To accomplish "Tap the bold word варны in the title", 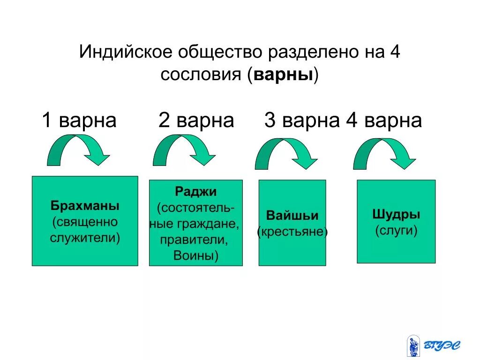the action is pyautogui.click(x=283, y=75).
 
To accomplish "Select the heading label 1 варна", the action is pyautogui.click(x=79, y=120).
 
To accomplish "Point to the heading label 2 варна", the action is pyautogui.click(x=196, y=120).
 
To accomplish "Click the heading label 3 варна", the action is pyautogui.click(x=301, y=120).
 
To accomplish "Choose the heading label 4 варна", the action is pyautogui.click(x=384, y=120).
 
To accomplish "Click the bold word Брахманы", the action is pyautogui.click(x=85, y=206).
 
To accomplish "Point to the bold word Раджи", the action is pyautogui.click(x=196, y=191).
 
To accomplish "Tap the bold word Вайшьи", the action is pyautogui.click(x=292, y=216).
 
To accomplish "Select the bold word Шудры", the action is pyautogui.click(x=396, y=215).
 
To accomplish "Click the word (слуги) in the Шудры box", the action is pyautogui.click(x=396, y=231).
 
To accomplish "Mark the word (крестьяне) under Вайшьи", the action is pyautogui.click(x=292, y=232).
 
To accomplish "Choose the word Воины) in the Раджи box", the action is pyautogui.click(x=196, y=255).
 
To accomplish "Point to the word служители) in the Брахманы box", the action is pyautogui.click(x=85, y=238).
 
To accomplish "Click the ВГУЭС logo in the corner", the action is pyautogui.click(x=434, y=346).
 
